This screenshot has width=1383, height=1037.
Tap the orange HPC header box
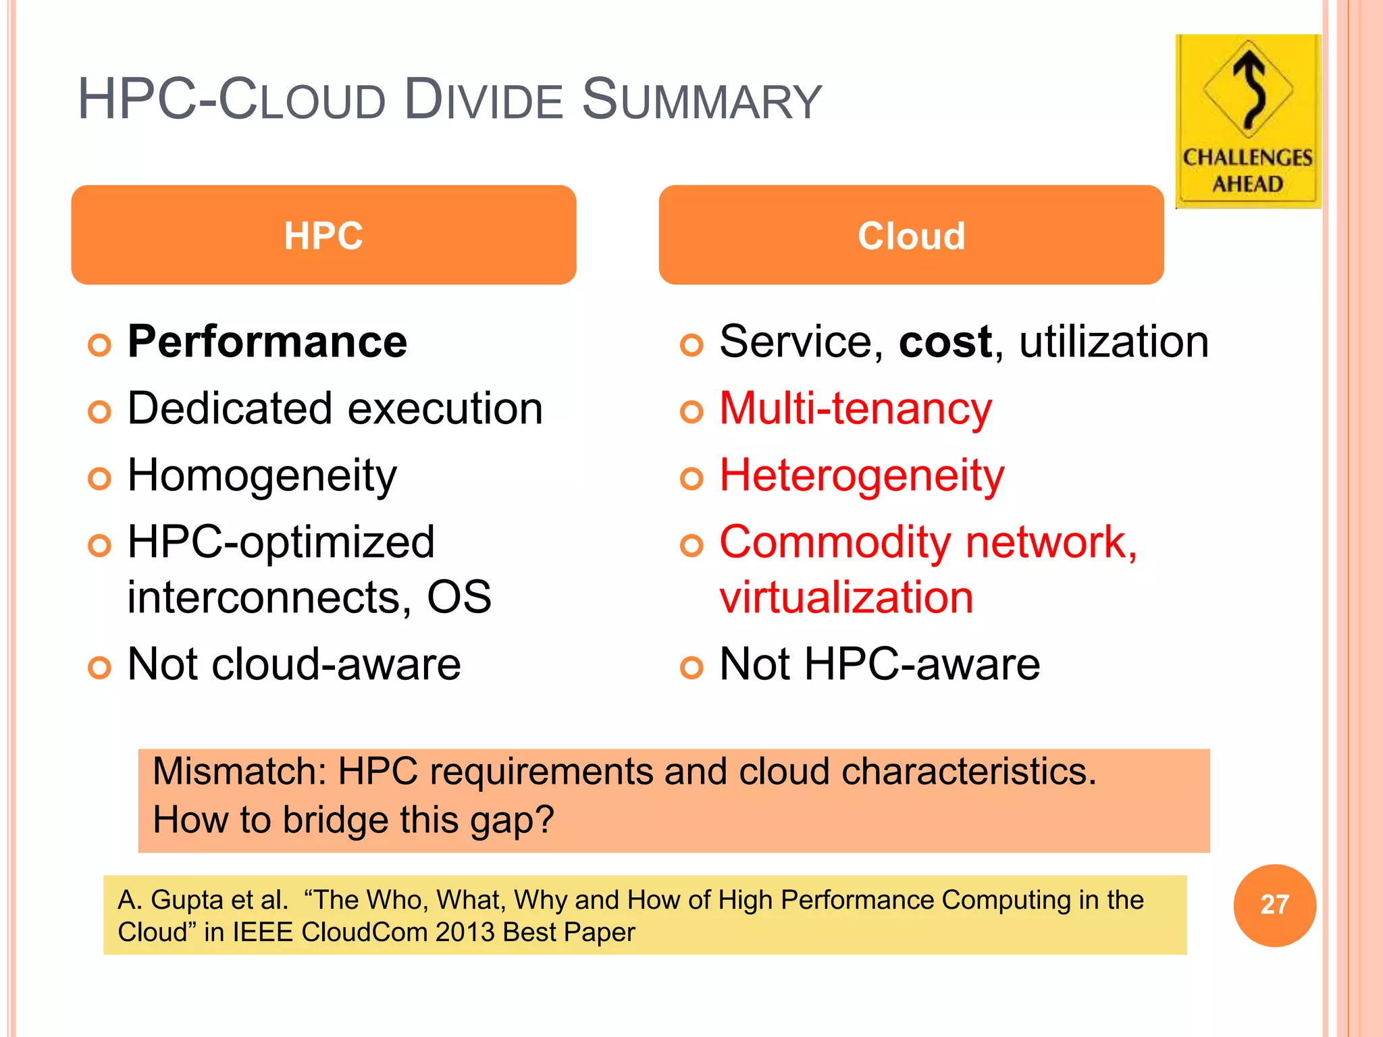coord(323,235)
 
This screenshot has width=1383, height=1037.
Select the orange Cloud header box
coord(911,235)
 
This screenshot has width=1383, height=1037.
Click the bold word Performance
coord(267,342)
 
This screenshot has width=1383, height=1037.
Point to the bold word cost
coord(945,342)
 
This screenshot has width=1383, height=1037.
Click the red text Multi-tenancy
coord(856,409)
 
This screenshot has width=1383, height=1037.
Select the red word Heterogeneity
coord(862,475)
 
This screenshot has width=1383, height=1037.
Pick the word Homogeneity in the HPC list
coord(262,475)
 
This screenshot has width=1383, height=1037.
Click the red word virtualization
coord(846,597)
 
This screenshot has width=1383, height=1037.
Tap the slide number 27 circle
coord(1274,905)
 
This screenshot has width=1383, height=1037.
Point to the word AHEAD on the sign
coord(1248,184)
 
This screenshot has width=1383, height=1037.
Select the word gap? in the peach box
coord(512,820)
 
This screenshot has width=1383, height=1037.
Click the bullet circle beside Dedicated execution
coord(99,411)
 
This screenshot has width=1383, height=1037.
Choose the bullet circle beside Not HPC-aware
coord(691,667)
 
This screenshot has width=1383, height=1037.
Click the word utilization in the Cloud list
coord(1114,342)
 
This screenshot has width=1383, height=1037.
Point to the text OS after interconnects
coord(459,597)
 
